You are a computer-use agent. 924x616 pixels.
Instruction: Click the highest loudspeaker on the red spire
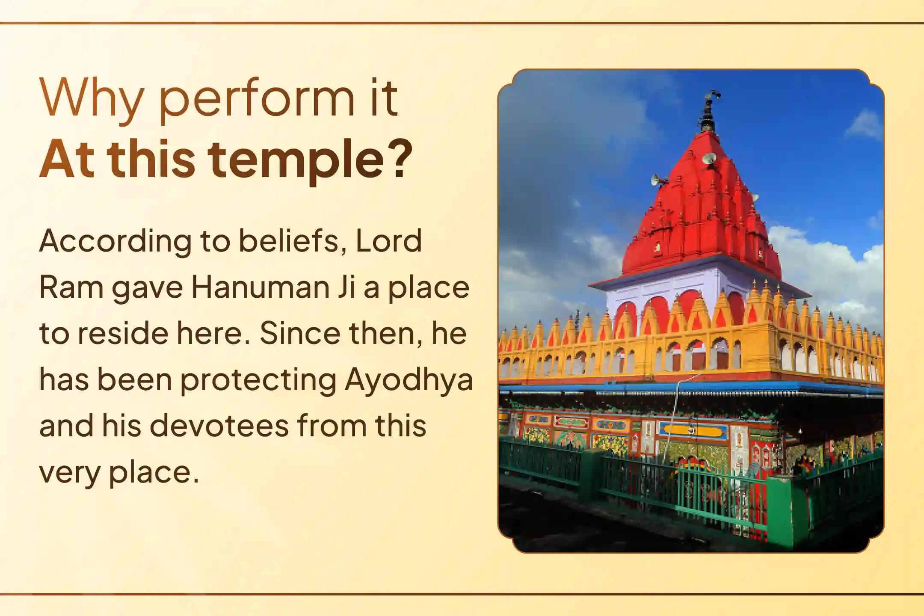709,158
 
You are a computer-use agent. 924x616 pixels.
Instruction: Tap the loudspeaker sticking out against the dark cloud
658,181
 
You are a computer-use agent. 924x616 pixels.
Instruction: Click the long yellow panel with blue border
693,430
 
